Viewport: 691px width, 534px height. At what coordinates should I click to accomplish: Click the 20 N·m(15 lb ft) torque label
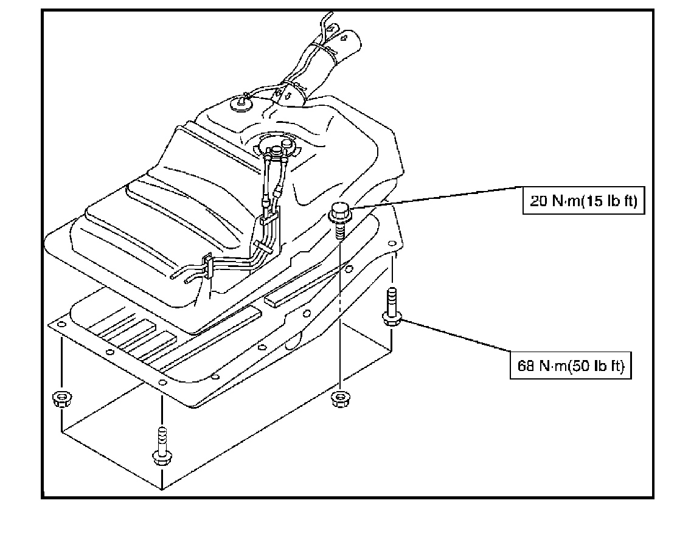coord(583,201)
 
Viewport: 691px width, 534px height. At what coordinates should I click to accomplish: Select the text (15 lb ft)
coord(610,202)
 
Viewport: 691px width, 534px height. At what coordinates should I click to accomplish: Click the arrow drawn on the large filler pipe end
coord(345,38)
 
